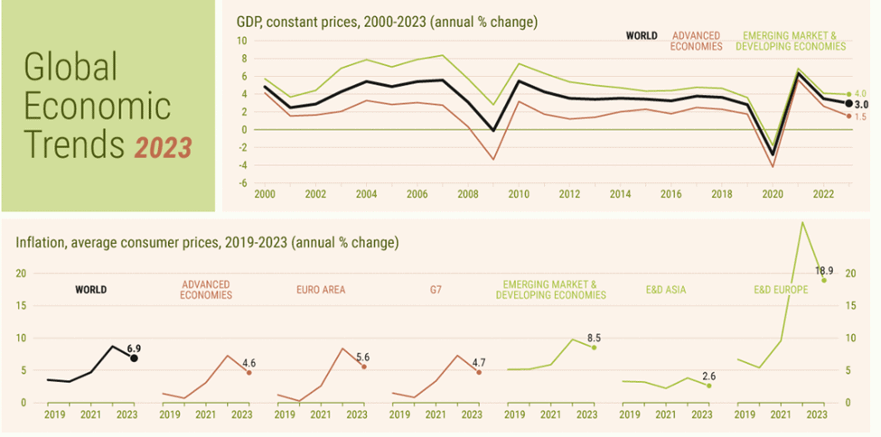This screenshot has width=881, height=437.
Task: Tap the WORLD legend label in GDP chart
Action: tap(642, 37)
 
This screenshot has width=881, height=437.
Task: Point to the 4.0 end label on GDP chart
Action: tap(860, 94)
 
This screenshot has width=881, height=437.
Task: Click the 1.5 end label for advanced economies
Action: tap(860, 117)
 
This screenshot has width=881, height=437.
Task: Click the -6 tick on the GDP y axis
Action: tap(242, 182)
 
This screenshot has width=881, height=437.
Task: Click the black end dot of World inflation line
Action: tap(135, 358)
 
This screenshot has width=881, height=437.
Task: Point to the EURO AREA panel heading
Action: tap(321, 290)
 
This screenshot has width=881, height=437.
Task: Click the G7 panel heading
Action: tap(436, 290)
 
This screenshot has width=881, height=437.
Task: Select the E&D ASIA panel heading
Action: tap(666, 290)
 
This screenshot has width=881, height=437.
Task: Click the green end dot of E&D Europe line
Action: tap(824, 280)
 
